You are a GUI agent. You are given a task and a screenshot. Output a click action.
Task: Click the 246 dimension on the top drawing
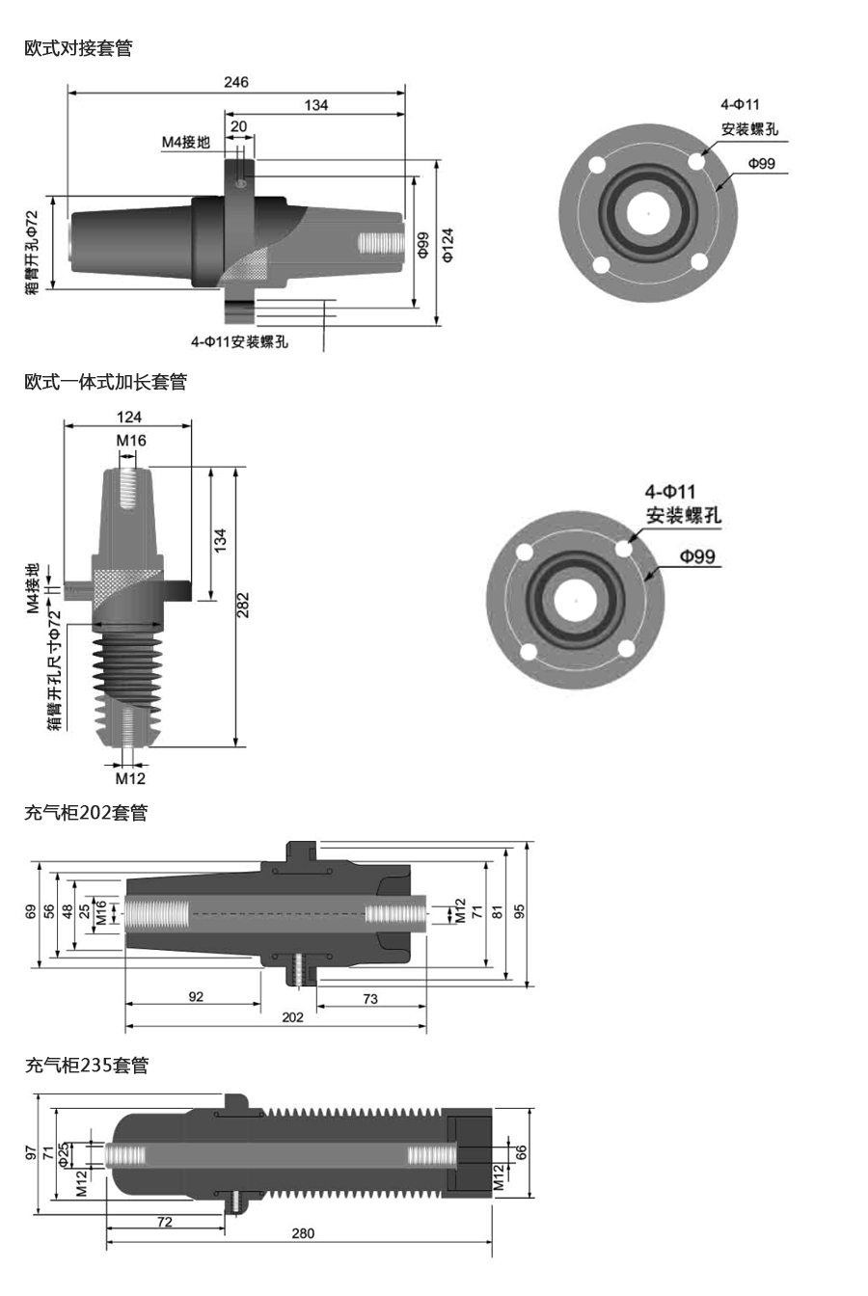pos(235,82)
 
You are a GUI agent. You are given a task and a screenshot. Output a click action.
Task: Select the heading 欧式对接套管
pos(78,47)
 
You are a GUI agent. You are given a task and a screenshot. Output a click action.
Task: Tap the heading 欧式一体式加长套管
pos(105,382)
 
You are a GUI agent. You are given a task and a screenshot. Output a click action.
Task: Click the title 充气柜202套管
pos(86,813)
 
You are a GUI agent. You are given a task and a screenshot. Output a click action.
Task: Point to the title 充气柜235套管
pos(87,1066)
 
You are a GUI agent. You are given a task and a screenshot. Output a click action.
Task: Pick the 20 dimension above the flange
pos(238,126)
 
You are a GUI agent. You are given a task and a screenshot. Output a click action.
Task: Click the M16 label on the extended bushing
pos(131,441)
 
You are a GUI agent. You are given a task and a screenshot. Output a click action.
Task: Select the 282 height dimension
pos(243,605)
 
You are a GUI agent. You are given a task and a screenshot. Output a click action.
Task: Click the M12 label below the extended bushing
pos(130,777)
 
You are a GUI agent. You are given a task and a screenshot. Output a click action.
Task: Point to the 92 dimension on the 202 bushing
pos(196,997)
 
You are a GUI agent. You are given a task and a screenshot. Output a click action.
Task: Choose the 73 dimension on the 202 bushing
pos(370,999)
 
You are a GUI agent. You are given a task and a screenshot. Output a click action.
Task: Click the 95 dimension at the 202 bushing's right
pos(520,912)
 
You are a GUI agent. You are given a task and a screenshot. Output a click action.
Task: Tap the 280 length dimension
pos(303,1233)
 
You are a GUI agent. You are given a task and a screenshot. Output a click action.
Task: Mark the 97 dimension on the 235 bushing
pos(31,1152)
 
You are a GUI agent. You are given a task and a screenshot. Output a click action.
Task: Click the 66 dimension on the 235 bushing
pos(521,1152)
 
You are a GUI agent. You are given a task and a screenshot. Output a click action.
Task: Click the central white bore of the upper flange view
pos(648,212)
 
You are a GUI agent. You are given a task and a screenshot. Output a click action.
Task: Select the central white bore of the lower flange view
pos(576,601)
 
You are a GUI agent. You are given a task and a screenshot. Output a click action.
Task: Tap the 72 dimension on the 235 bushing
pos(165,1222)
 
